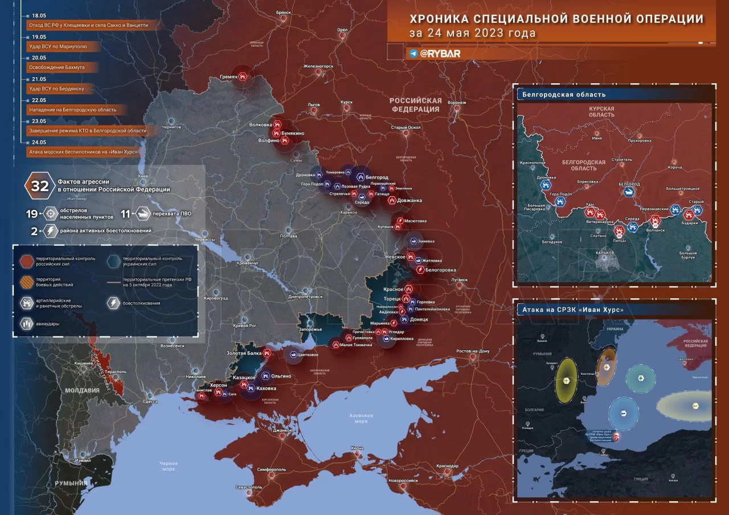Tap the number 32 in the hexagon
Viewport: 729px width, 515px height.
coord(40,186)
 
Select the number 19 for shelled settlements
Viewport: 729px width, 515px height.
coord(32,214)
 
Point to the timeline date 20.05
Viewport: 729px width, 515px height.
coord(39,58)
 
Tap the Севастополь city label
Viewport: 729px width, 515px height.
coord(248,487)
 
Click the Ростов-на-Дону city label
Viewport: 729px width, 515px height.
coord(472,351)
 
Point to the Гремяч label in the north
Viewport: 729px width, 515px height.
coord(228,77)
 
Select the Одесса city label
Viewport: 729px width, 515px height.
coord(150,402)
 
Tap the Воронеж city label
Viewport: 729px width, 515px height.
coord(457,103)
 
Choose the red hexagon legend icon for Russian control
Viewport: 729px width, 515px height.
coord(26,261)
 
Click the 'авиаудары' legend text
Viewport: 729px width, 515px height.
coord(51,323)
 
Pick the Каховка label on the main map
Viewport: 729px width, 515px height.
coord(267,388)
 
